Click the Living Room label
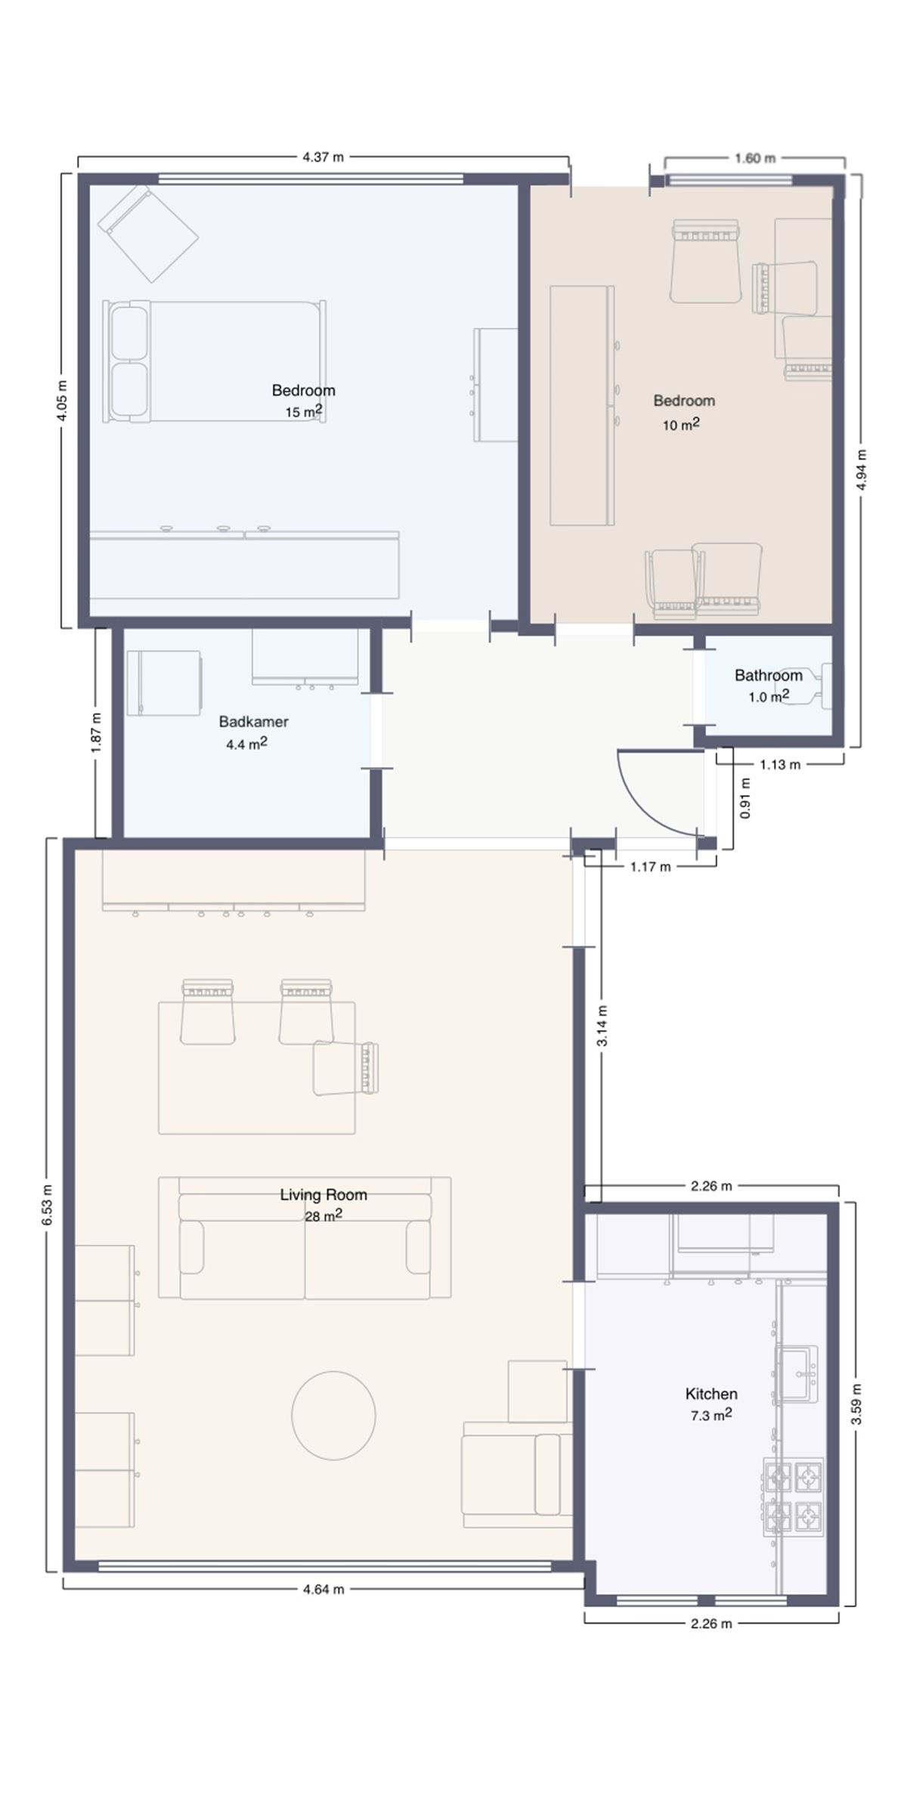[x=323, y=1195]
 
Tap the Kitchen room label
[x=711, y=1394]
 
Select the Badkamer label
[x=254, y=722]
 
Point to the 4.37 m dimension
[x=323, y=157]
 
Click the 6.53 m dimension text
[x=47, y=1205]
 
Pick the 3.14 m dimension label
[x=602, y=1026]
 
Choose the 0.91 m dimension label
[x=745, y=798]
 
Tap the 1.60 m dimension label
[x=755, y=159]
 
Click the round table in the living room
[x=333, y=1415]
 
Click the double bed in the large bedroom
[x=215, y=361]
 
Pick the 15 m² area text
[x=304, y=411]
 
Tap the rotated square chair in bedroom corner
[x=148, y=233]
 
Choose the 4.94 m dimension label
[x=862, y=469]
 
